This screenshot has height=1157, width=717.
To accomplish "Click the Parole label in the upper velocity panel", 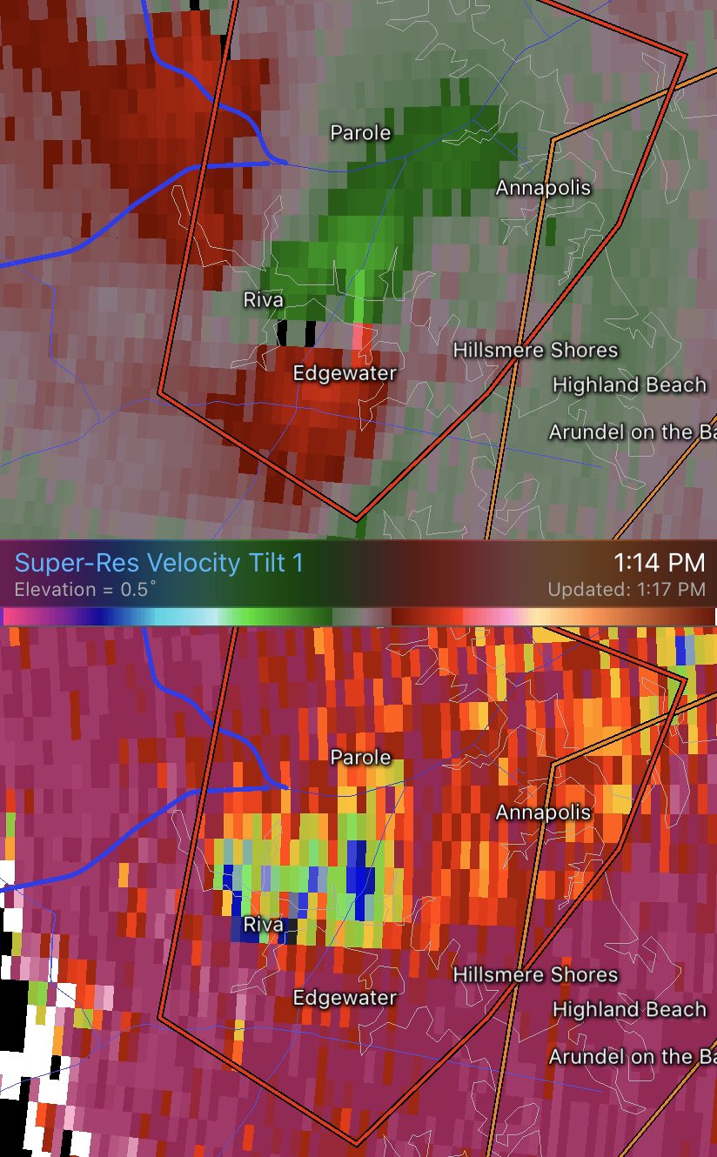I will (x=360, y=133).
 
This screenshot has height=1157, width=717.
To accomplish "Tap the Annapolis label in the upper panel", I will (x=543, y=188).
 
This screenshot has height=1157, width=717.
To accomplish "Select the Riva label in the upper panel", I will (x=263, y=300).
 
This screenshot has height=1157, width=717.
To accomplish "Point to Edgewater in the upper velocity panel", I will (x=345, y=373).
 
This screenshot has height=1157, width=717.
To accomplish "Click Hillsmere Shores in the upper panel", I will (x=535, y=351).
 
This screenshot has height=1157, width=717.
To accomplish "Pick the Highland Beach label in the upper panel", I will (x=629, y=385).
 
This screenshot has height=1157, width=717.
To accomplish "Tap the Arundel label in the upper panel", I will (x=632, y=431).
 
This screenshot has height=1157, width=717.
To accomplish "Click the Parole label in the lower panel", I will (x=360, y=758).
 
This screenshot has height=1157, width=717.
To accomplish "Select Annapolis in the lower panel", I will (x=543, y=813).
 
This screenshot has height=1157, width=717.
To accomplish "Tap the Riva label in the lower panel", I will (x=263, y=925).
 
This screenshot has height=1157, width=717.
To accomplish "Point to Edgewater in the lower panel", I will (x=345, y=998).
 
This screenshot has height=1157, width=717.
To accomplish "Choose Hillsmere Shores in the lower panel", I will (x=535, y=975).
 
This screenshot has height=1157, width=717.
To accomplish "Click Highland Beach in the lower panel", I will (x=629, y=1009).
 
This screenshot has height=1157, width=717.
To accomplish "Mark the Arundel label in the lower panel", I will (x=632, y=1056).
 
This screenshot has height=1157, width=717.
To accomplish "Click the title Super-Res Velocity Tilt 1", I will (x=159, y=563).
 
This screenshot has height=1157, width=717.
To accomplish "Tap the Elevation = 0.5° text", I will (x=85, y=589).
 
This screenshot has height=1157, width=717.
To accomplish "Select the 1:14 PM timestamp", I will (x=659, y=563).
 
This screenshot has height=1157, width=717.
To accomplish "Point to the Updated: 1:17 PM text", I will (x=626, y=590).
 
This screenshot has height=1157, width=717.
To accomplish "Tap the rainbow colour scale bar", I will (x=358, y=616).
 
